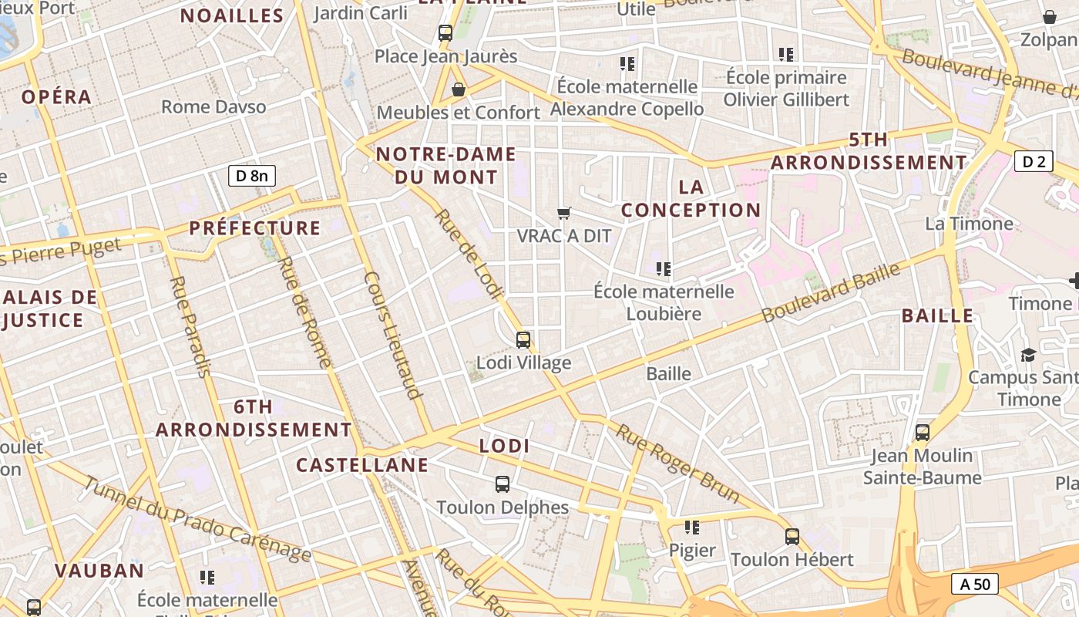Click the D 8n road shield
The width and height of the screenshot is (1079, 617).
[x=252, y=176]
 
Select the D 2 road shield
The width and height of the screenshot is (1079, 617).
[x=1034, y=161]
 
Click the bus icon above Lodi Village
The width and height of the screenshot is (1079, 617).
[x=523, y=339]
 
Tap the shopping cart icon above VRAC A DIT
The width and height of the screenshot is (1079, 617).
[x=564, y=213]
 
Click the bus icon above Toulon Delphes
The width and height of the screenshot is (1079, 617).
[x=503, y=484]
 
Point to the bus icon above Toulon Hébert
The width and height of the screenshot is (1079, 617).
[x=792, y=537]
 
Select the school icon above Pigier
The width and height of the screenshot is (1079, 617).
[x=692, y=528]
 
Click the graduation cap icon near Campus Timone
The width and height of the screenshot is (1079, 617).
[x=1028, y=355]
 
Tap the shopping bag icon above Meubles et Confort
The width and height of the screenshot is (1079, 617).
[x=459, y=90]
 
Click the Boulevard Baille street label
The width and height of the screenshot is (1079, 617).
[x=831, y=293]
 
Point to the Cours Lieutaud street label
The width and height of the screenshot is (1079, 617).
[x=393, y=335]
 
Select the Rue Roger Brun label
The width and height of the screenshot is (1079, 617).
[x=677, y=464]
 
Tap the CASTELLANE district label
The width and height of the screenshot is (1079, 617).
[x=362, y=465]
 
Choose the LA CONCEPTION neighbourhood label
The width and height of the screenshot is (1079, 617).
[x=691, y=198]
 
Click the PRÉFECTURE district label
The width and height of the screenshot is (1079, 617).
[x=255, y=228]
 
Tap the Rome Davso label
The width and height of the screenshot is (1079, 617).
[x=213, y=107]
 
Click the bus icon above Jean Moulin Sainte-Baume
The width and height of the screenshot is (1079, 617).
[x=923, y=433]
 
